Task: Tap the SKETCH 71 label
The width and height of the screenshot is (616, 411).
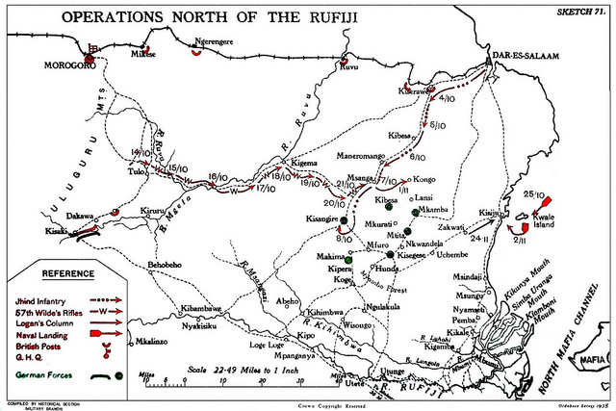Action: [582, 9]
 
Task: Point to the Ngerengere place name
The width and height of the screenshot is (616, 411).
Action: [216, 42]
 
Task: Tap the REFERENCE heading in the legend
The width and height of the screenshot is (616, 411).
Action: [68, 273]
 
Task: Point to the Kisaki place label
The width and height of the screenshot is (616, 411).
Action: [56, 231]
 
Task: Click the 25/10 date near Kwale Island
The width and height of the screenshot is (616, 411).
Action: [533, 194]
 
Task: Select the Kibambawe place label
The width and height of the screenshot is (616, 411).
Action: [201, 308]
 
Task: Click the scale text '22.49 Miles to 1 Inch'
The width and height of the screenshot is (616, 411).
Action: [242, 370]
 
